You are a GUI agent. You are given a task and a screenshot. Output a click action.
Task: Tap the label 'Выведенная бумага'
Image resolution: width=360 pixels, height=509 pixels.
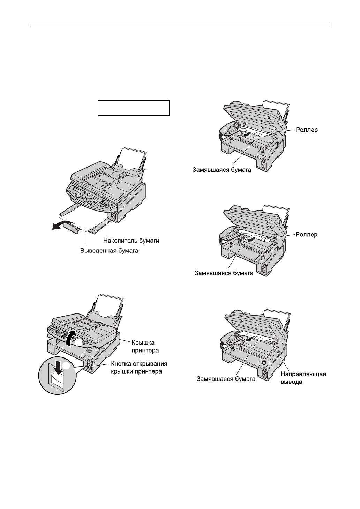[x=109, y=251]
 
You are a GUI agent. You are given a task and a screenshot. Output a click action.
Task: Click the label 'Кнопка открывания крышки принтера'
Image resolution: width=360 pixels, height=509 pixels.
[x=141, y=368]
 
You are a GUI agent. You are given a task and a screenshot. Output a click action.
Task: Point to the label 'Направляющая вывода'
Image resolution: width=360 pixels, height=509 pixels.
[x=303, y=378]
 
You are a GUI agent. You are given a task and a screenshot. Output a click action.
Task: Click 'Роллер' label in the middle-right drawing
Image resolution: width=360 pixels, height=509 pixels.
[x=307, y=235]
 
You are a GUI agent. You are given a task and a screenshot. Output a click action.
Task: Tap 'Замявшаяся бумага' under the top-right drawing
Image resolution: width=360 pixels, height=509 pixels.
[x=222, y=170]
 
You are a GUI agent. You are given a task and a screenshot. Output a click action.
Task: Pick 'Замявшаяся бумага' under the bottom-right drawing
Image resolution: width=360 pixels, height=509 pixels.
[x=226, y=378]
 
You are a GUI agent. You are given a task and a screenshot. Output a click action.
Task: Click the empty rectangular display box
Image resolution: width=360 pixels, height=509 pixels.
[x=134, y=108]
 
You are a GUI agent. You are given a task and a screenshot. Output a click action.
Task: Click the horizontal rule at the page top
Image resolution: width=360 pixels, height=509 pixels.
[x=180, y=25]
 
